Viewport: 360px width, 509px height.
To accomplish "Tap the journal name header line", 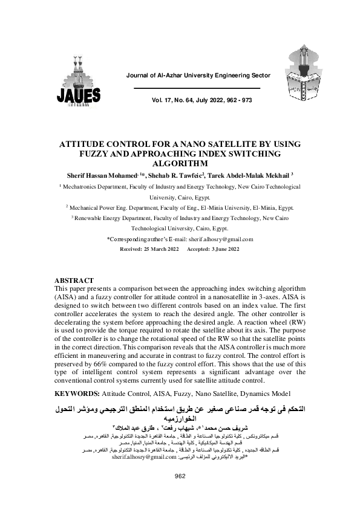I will pos(197,75).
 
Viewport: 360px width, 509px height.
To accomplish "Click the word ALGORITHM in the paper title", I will pos(180,163).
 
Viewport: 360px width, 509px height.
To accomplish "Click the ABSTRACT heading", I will pos(74,281).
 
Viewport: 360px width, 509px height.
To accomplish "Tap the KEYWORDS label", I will pos(74,392).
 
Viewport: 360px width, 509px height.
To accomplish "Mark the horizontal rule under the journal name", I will pos(197,88).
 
